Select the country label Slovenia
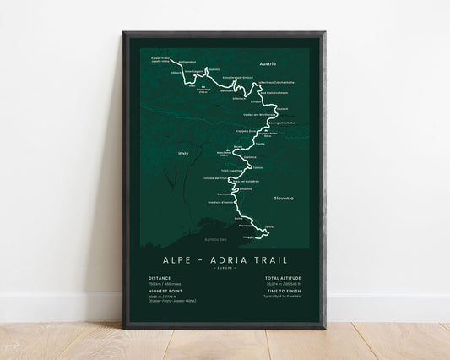(x=285, y=198)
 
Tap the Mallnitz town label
(x=212, y=69)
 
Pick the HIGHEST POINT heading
(x=165, y=296)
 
